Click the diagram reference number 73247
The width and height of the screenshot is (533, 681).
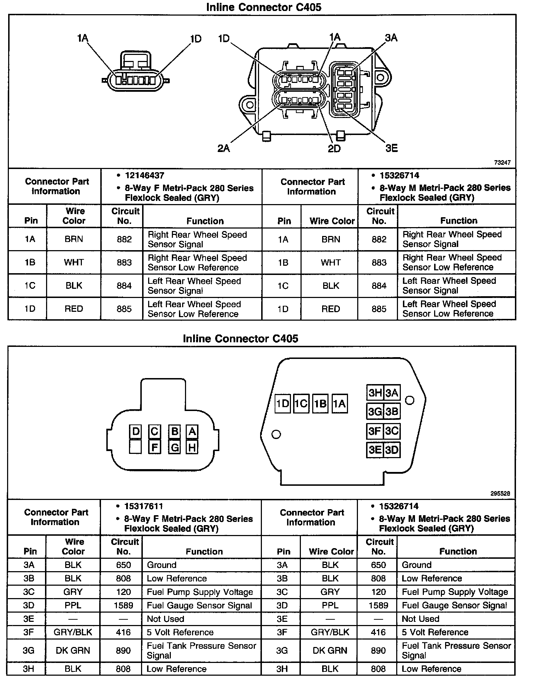[x=503, y=163]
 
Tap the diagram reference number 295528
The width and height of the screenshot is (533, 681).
[x=500, y=493]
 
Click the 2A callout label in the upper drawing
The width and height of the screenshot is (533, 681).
[x=224, y=148]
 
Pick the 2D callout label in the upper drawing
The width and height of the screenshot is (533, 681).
[x=334, y=148]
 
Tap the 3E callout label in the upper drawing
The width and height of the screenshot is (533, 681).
[x=392, y=148]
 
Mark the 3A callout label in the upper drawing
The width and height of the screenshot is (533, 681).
[x=391, y=38]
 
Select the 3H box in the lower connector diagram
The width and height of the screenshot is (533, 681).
[x=375, y=393]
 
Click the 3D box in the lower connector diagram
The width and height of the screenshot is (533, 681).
[x=392, y=450]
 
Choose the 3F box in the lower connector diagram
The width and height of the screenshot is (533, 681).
[x=375, y=431]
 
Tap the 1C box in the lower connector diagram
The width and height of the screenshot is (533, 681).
[x=301, y=404]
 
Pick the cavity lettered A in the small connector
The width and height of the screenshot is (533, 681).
[x=192, y=432]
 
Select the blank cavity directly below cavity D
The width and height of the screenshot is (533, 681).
[x=135, y=447]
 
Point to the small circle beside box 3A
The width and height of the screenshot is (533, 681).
[x=410, y=400]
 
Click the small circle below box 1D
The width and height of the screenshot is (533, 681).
[x=276, y=434]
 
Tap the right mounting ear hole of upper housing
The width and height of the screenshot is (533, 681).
[x=381, y=78]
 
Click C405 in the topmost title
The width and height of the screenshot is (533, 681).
[x=304, y=7]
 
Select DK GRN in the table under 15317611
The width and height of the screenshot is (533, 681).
[x=73, y=651]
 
